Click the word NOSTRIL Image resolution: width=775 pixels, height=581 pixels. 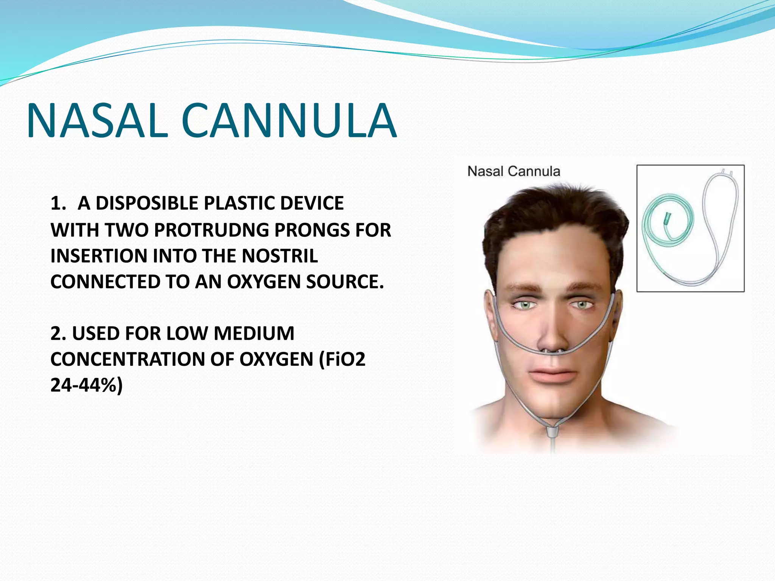click(x=280, y=256)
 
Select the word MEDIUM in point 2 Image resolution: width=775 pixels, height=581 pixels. click(x=254, y=334)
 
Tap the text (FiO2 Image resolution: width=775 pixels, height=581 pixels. click(x=342, y=359)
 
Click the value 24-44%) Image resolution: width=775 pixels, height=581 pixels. click(x=87, y=385)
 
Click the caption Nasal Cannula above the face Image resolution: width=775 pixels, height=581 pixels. click(x=514, y=171)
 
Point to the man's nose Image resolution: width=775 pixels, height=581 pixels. click(x=552, y=333)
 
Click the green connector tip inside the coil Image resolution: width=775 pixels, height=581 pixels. click(x=667, y=219)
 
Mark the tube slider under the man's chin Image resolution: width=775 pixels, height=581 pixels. click(x=553, y=431)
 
